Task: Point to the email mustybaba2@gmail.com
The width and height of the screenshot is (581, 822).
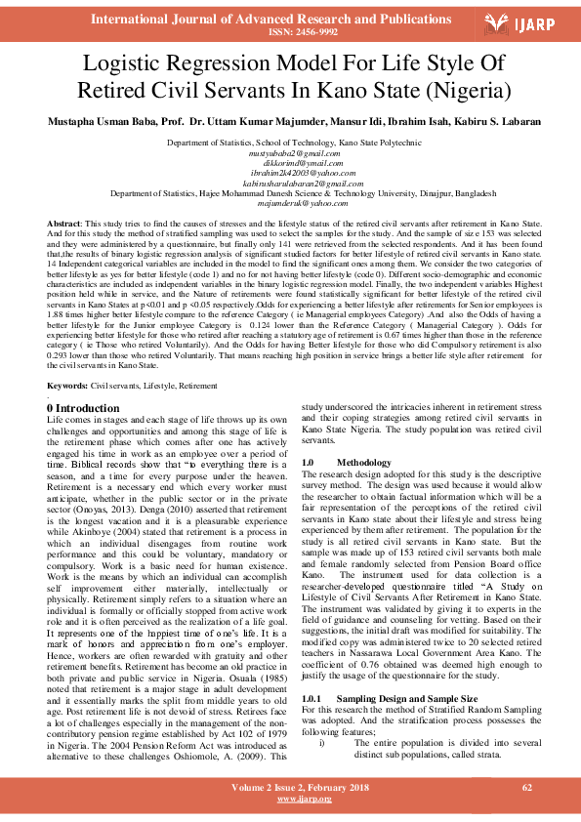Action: (290, 153)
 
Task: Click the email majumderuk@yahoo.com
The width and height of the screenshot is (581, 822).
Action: (290, 203)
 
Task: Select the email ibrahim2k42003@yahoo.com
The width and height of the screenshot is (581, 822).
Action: (290, 173)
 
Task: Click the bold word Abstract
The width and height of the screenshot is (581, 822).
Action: (63, 225)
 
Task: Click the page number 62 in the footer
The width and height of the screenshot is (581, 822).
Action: (527, 787)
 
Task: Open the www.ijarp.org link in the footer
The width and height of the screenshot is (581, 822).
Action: (290, 799)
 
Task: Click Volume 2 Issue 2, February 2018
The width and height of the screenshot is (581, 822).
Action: (290, 787)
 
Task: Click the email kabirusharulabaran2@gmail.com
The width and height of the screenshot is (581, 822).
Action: (290, 184)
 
